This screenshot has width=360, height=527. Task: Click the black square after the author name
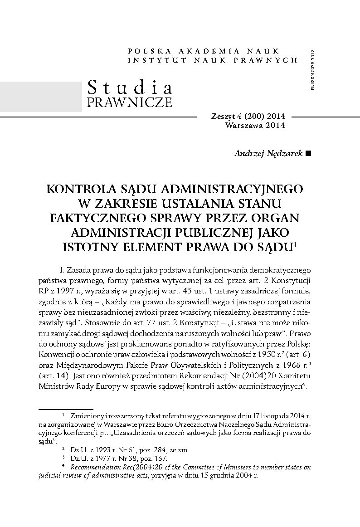pos(309,154)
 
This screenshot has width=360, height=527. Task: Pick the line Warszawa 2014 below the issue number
pos(255,126)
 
